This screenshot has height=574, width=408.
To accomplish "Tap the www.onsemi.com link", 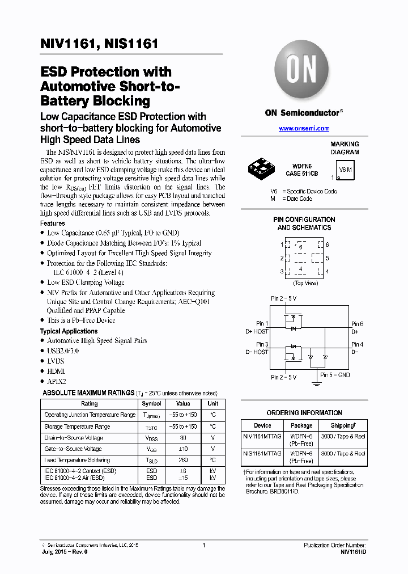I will [304, 129].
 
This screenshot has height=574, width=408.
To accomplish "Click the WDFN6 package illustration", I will [262, 167].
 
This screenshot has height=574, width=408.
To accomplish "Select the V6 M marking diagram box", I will [345, 170].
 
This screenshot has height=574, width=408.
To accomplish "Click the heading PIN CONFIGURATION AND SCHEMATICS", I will [304, 223].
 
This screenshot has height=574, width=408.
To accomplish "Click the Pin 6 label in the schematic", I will [357, 324].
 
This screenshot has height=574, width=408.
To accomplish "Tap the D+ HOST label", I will [257, 331].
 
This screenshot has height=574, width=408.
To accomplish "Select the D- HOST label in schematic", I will [257, 352].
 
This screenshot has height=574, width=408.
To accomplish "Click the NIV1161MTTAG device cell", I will [262, 437].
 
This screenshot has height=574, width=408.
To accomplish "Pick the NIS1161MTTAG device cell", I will [262, 454].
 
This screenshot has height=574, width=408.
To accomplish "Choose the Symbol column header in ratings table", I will [151, 404].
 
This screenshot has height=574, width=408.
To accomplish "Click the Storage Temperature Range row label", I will [77, 427].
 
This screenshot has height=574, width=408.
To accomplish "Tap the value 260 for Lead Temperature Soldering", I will [183, 460].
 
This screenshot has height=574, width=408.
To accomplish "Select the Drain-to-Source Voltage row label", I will [74, 438].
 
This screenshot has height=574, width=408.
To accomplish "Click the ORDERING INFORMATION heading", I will [304, 413].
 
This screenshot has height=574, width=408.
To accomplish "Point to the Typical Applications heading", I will [69, 331].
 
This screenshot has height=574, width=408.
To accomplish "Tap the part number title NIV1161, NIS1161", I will [99, 44].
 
